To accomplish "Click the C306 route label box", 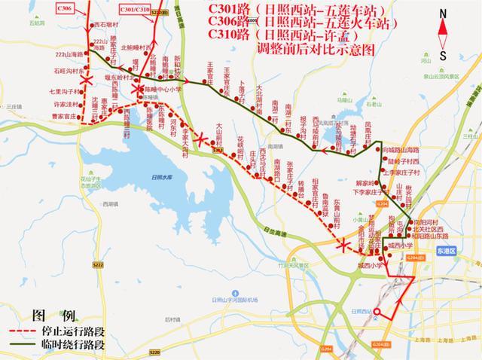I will point(65,6).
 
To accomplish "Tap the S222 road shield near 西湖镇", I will point(99,265).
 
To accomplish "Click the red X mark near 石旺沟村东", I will point(88,78).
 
